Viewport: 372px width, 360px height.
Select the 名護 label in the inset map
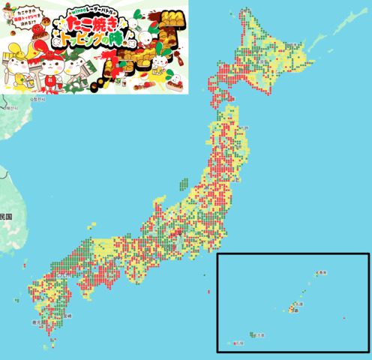click(x=301, y=304)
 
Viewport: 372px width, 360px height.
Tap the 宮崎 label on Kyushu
click(x=68, y=316)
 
